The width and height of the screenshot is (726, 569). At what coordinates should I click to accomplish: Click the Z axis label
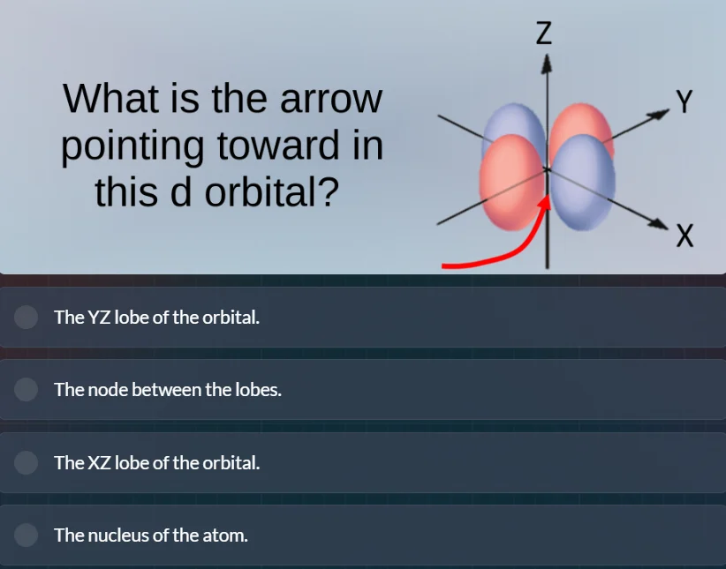544,33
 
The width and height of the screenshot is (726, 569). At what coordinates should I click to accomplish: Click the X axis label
684,236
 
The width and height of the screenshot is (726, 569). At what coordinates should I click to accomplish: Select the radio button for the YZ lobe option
26,317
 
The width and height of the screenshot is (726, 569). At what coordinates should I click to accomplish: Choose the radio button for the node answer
26,389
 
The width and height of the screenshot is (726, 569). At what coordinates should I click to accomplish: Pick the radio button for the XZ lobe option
26,462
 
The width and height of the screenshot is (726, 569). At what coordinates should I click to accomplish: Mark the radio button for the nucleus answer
26,535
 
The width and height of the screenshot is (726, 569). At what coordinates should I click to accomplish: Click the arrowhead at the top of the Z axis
548,64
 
